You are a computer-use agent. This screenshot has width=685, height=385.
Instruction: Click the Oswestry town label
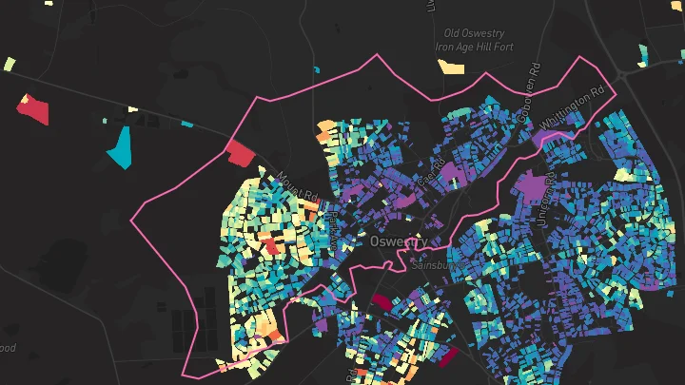393,242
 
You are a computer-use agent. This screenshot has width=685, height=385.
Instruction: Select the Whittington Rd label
573,110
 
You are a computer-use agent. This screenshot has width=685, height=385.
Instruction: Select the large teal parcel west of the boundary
120,146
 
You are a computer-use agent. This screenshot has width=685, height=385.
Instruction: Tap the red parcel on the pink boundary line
240,151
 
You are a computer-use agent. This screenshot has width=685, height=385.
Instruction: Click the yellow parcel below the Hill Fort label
451,67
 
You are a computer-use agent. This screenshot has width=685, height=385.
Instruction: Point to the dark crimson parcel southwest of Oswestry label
381,301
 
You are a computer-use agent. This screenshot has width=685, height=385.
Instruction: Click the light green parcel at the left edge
9,65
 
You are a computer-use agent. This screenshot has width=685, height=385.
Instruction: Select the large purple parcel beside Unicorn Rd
532,183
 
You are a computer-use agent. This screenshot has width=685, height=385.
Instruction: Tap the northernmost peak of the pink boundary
378,55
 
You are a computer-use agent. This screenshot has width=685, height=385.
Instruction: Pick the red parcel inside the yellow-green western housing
273,246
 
